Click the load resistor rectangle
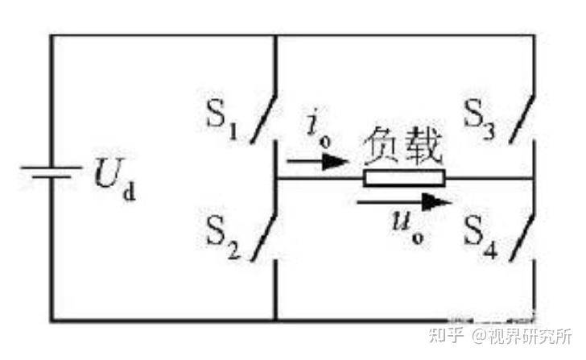click(x=403, y=178)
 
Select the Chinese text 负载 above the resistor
click(x=402, y=147)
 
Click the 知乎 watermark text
click(x=446, y=338)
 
